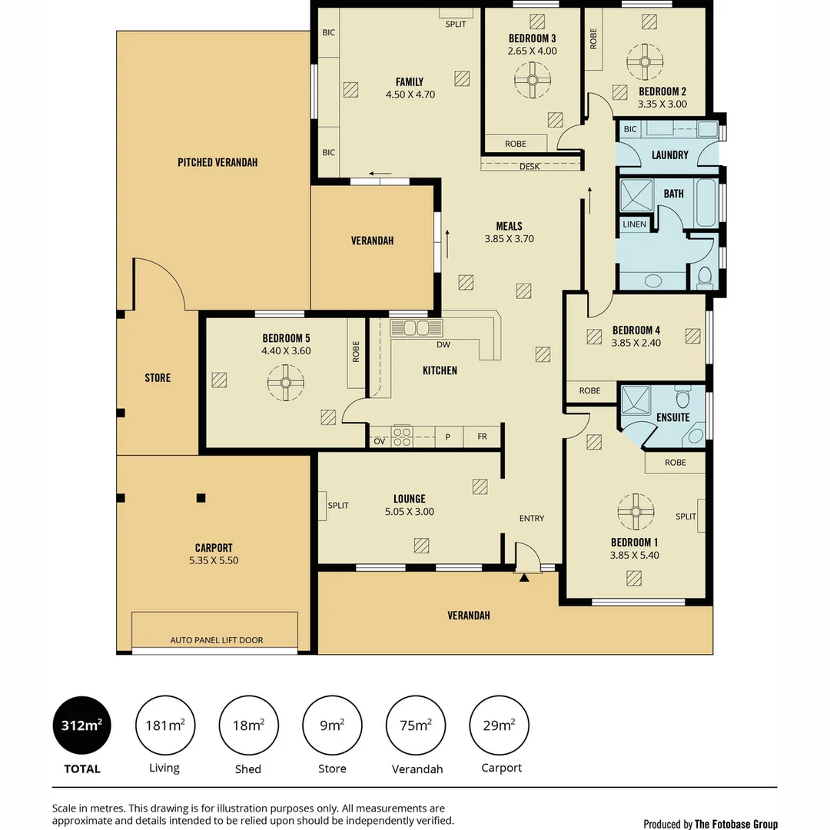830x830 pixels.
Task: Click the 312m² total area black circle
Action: pyautogui.click(x=82, y=725)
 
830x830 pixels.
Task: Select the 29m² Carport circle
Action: pyautogui.click(x=500, y=725)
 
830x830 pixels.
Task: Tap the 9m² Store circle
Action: pyautogui.click(x=333, y=725)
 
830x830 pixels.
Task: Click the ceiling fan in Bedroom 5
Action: pyautogui.click(x=286, y=383)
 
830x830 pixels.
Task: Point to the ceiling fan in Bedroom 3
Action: pyautogui.click(x=533, y=81)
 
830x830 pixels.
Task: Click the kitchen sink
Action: pyautogui.click(x=417, y=328)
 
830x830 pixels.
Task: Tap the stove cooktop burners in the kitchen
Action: pyautogui.click(x=402, y=437)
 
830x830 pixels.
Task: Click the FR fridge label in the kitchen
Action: pyautogui.click(x=482, y=437)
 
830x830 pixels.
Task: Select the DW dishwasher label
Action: pyautogui.click(x=443, y=344)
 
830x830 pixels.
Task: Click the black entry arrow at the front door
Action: pyautogui.click(x=524, y=577)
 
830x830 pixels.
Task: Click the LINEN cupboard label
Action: pyautogui.click(x=634, y=224)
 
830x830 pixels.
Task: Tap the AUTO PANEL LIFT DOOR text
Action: pyautogui.click(x=217, y=640)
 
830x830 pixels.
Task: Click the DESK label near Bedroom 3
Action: pyautogui.click(x=530, y=166)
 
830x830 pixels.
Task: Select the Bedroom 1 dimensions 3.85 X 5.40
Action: pyautogui.click(x=634, y=556)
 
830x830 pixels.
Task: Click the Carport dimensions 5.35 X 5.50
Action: pyautogui.click(x=214, y=560)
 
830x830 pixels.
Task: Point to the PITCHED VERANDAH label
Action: pyautogui.click(x=217, y=162)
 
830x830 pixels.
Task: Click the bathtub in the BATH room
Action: pyautogui.click(x=706, y=203)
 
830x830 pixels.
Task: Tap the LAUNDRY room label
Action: pyautogui.click(x=669, y=155)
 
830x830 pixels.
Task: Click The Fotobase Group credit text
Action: pyautogui.click(x=735, y=824)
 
